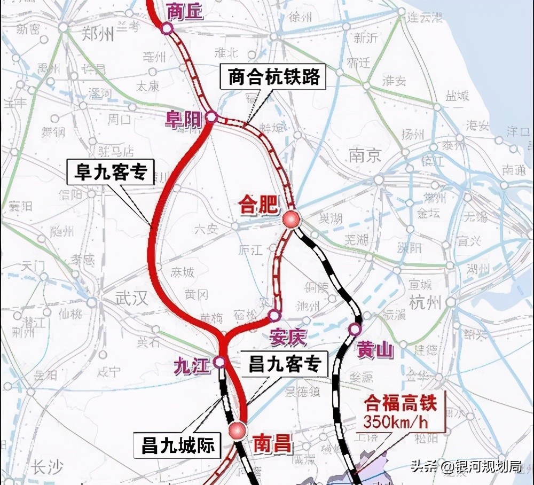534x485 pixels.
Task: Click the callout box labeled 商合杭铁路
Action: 274,77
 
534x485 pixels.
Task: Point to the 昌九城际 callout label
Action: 178,445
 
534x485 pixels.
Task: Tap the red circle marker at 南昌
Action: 237,430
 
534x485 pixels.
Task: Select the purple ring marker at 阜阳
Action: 211,117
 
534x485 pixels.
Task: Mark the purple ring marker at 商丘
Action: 167,29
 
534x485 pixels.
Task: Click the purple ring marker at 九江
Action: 219,362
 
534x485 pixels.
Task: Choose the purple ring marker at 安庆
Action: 274,316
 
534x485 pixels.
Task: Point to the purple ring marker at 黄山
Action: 355,329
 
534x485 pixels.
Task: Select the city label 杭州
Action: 425,302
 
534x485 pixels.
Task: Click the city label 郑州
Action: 99,35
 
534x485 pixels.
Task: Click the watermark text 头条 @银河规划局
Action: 466,466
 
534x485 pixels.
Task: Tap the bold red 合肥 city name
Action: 260,205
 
